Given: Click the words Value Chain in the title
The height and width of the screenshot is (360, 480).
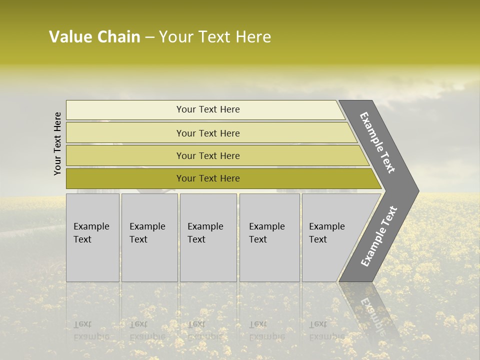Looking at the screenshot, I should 94,37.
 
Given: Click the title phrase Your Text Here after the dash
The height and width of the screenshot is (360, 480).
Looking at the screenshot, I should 214,37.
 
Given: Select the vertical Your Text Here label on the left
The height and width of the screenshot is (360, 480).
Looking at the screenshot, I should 57,143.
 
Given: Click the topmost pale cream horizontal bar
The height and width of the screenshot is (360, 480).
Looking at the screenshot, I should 125,110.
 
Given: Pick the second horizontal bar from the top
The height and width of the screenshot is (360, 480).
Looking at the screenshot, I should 125,133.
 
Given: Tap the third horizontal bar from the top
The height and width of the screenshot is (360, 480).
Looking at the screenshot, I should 125,155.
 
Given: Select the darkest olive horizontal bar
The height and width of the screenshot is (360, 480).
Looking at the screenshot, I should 125,178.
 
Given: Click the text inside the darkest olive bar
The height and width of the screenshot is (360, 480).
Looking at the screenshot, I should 208,178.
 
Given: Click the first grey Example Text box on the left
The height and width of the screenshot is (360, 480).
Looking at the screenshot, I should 92,237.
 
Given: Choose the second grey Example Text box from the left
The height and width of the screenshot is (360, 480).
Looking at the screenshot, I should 149,237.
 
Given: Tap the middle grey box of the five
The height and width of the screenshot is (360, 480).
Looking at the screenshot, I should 208,237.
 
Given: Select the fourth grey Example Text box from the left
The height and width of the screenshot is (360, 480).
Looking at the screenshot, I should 269,237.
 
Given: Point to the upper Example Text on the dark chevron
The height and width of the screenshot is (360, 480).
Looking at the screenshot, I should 377,142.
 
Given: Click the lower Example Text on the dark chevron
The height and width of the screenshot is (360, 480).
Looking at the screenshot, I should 378,236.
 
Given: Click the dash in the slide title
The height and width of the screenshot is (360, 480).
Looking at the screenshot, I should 149,37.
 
